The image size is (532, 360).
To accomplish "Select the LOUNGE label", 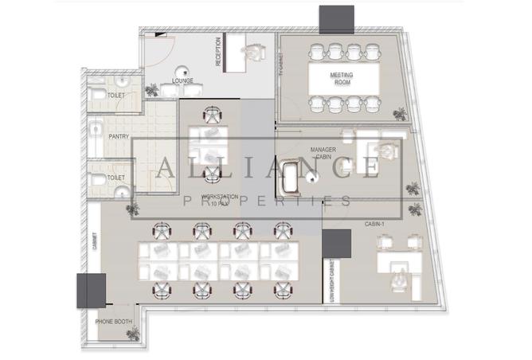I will pyautogui.click(x=183, y=81).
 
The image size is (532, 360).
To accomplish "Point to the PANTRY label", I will pyautogui.click(x=118, y=136).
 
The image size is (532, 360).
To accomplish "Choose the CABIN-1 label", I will pyautogui.click(x=376, y=224).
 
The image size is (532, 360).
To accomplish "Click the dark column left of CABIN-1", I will pyautogui.click(x=337, y=244).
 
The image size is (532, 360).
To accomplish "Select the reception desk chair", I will pyautogui.click(x=254, y=51).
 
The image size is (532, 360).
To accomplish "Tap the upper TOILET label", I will pyautogui.click(x=116, y=96).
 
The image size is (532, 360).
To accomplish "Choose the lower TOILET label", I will pyautogui.click(x=116, y=178).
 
